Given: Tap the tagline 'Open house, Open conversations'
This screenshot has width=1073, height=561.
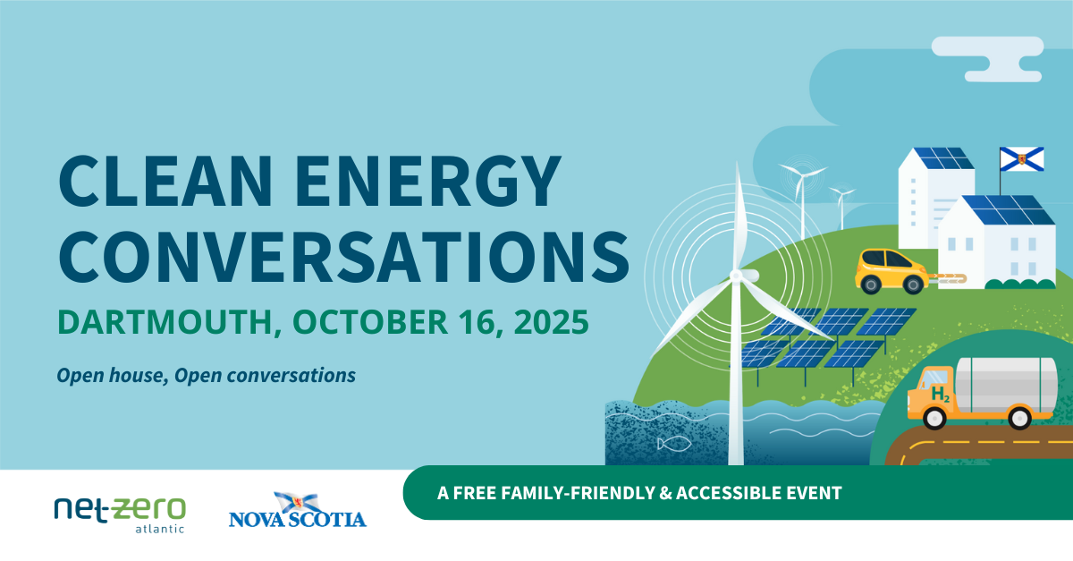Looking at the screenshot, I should pyautogui.click(x=206, y=375).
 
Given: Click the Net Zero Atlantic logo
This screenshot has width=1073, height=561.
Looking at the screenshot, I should pyautogui.click(x=120, y=513).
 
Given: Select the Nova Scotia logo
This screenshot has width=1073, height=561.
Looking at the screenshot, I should pyautogui.click(x=297, y=511).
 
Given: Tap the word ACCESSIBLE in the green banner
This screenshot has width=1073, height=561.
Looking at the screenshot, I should pyautogui.click(x=732, y=492).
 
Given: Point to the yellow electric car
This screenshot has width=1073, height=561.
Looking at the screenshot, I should pyautogui.click(x=891, y=270).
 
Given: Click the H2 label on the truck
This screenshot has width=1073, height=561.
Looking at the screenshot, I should pyautogui.click(x=940, y=394).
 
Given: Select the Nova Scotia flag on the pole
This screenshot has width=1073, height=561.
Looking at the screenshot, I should pyautogui.click(x=1016, y=160).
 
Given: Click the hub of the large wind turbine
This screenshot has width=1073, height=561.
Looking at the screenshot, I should pyautogui.click(x=736, y=276).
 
